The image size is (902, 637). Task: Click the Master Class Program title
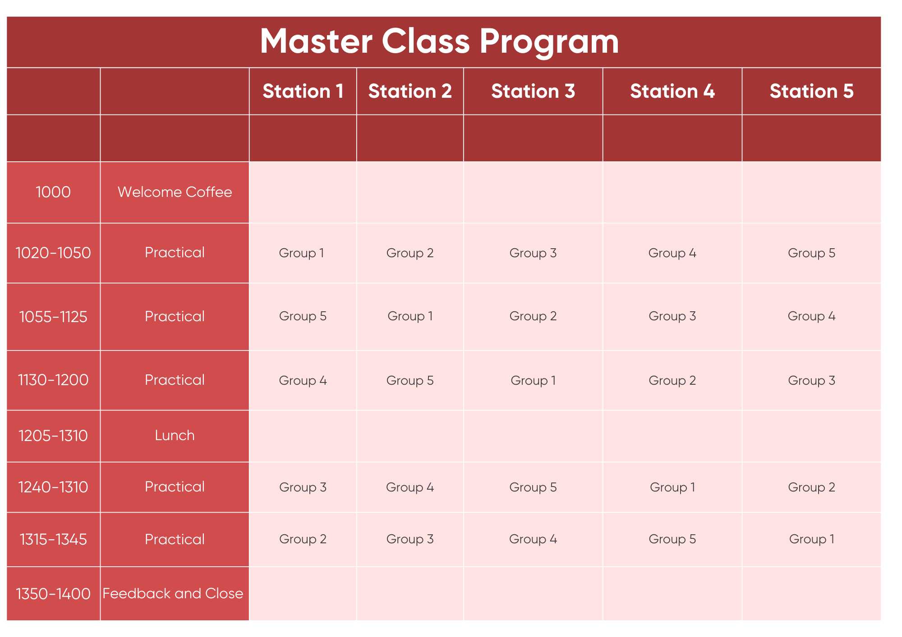coord(440,42)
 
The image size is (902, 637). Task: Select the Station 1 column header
coord(303,91)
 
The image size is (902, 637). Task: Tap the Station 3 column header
coord(533,91)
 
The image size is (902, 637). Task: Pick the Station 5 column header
coord(811,91)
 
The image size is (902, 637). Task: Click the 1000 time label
coord(53,192)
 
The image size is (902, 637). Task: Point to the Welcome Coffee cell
coord(175,192)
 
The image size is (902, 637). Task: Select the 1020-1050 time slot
coord(53,253)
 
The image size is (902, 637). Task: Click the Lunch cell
coord(175,436)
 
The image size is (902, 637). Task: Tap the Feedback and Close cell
coord(173,594)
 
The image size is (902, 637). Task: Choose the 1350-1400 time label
coord(53,594)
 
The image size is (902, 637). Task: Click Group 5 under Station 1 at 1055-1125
coord(303,316)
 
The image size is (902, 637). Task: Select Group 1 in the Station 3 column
coord(533,381)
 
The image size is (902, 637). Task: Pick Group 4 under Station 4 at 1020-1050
coord(672,253)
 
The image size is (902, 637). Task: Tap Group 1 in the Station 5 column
coord(811,539)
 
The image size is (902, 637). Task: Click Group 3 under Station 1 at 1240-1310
coord(303,487)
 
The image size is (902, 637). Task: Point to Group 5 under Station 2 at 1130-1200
coord(410,381)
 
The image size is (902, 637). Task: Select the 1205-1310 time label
coord(53,436)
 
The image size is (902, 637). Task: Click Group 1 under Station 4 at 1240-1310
coord(672,487)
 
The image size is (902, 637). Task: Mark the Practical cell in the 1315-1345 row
coord(175,540)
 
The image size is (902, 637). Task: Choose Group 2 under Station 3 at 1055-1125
coord(533,316)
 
